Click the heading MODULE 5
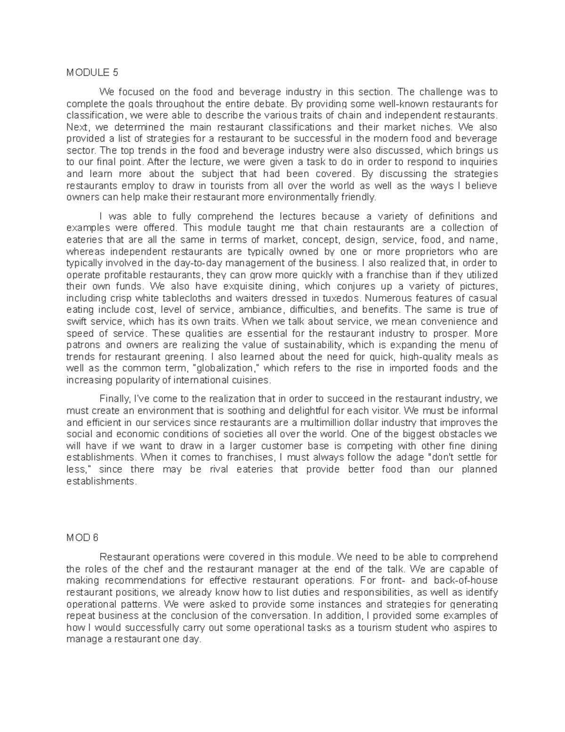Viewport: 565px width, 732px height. [92, 73]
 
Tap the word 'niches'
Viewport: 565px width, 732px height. [439, 127]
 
